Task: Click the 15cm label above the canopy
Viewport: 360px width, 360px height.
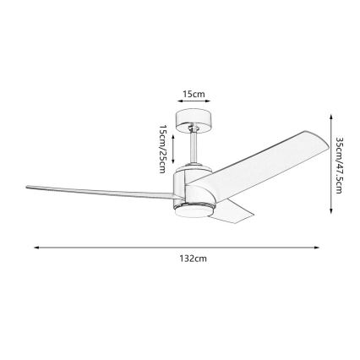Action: pos(195,94)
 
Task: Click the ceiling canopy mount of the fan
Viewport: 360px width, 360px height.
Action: pos(193,122)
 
